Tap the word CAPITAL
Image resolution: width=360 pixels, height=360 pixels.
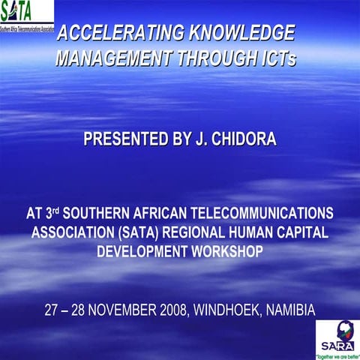300,232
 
